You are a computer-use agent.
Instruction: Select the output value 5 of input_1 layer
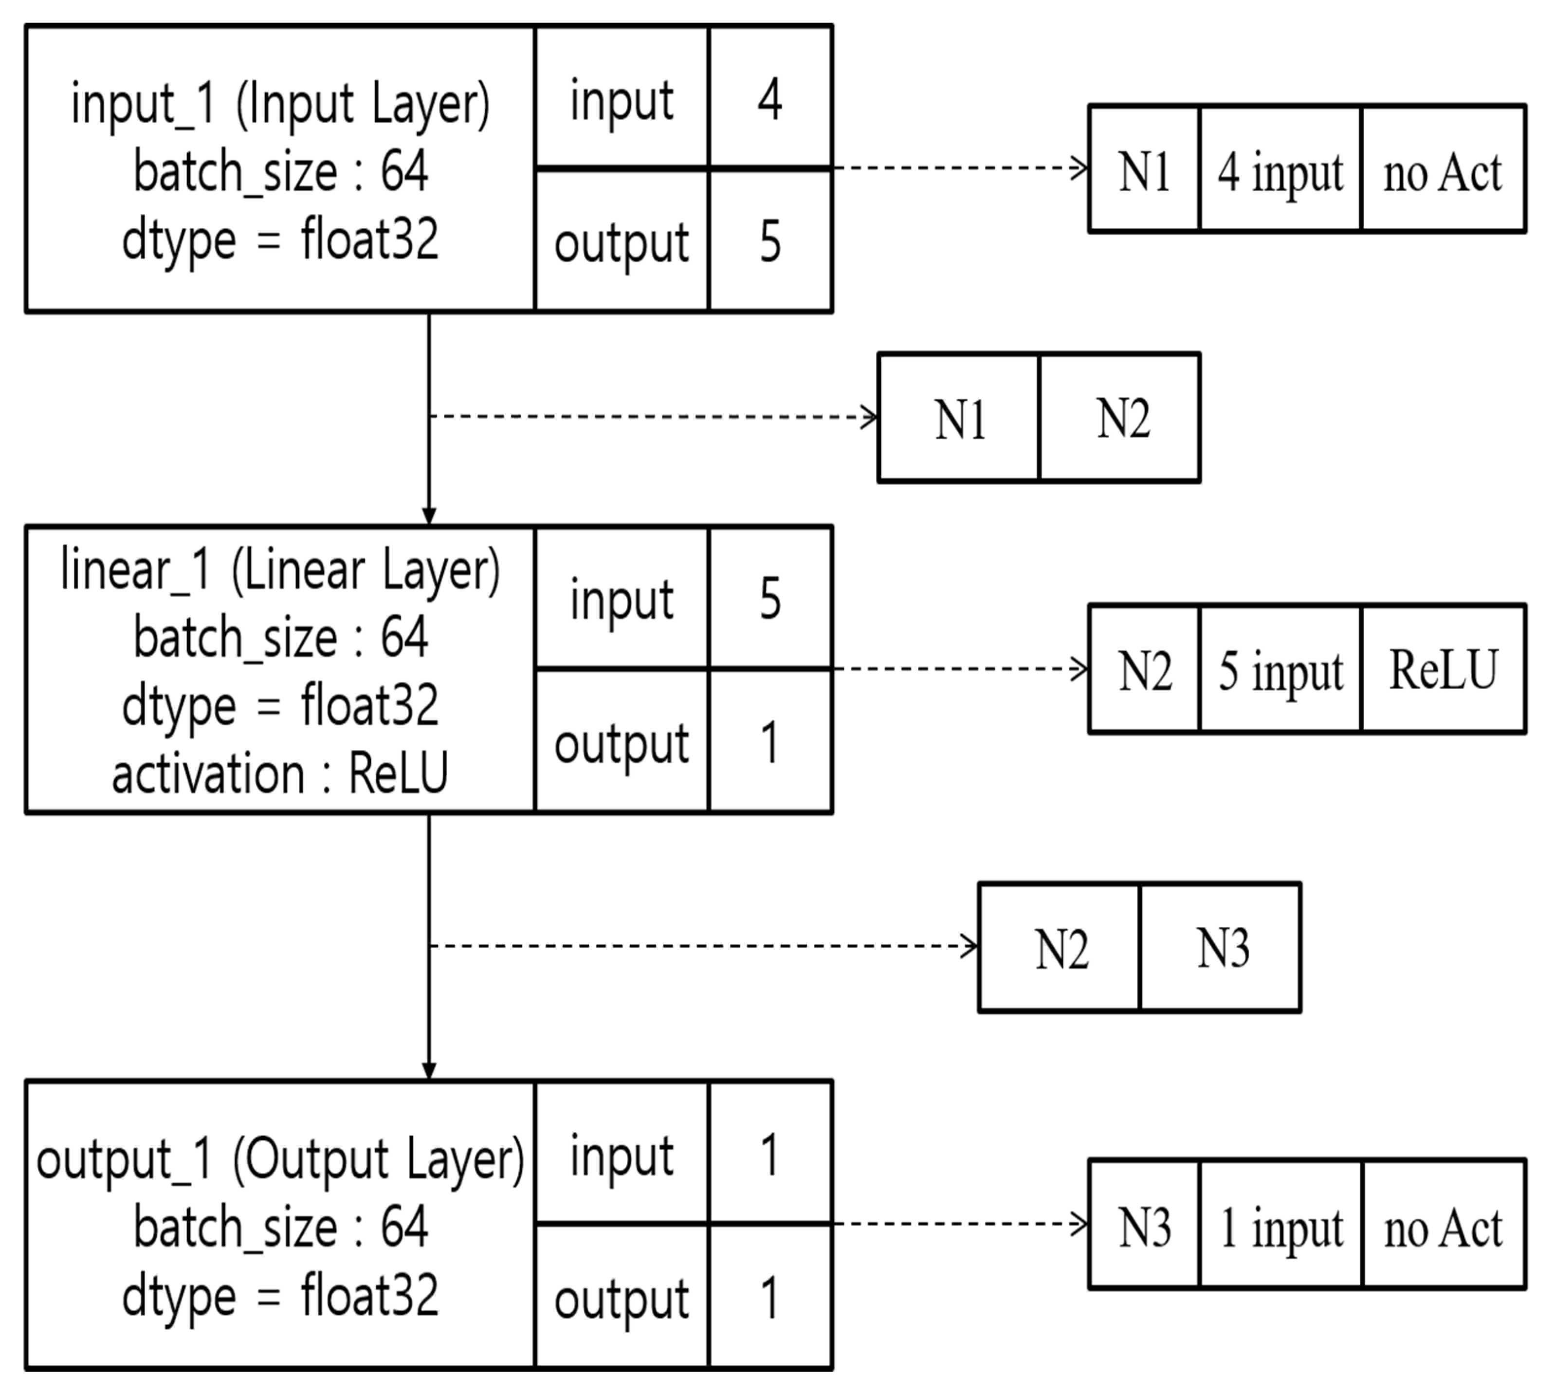(x=769, y=242)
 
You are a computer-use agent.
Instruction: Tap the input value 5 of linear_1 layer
(x=769, y=599)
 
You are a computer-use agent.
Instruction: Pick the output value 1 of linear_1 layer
(x=769, y=742)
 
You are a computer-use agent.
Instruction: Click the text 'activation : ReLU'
(x=280, y=774)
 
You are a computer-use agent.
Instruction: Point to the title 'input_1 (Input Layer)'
(x=280, y=104)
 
